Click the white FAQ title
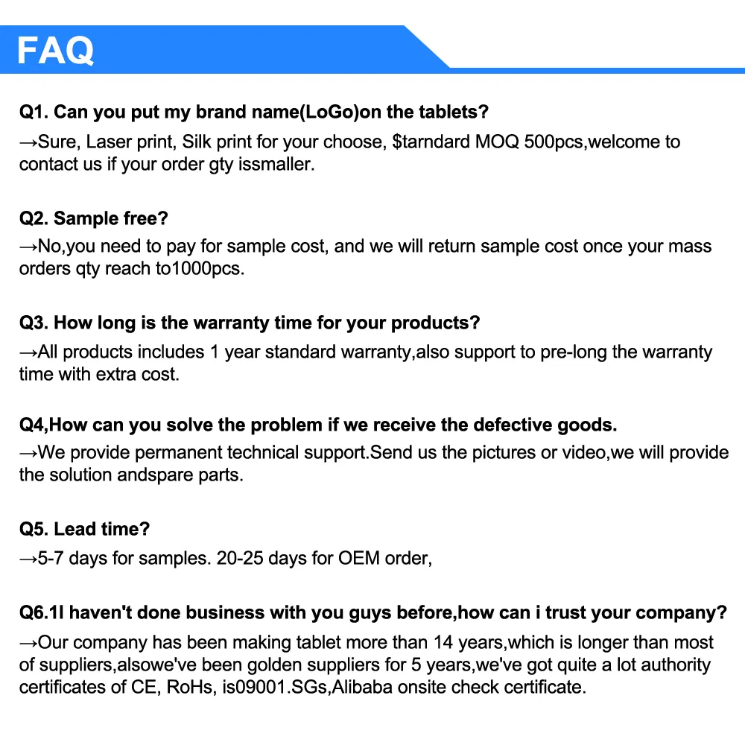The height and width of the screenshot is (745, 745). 55,50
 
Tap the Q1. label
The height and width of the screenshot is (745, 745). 34,112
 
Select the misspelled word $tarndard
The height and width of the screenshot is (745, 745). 431,142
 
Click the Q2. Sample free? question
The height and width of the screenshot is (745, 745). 94,218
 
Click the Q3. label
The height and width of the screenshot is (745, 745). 34,323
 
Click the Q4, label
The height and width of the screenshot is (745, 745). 34,425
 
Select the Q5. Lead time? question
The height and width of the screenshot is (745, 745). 84,529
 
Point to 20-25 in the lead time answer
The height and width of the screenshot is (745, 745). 241,558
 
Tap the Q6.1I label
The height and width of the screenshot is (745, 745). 44,612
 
